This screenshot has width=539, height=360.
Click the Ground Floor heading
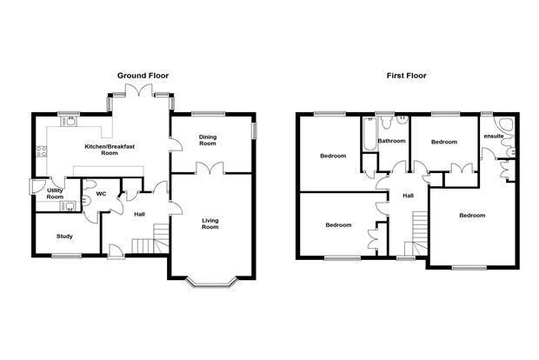point(143,76)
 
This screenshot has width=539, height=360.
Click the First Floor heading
point(406,76)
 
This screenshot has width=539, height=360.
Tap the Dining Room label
point(208,140)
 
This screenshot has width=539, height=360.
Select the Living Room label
point(210,223)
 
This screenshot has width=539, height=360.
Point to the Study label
point(64,237)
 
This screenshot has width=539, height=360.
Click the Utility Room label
point(55,194)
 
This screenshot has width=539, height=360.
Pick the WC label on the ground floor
point(101,194)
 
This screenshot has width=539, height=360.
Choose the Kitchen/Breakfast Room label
point(110,150)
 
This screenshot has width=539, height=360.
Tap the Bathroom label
point(391,141)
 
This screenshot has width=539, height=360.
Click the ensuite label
point(494,137)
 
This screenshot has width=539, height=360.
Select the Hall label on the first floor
point(408,196)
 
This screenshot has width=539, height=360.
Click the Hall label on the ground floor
point(139,214)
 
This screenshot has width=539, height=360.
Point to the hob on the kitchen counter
point(41,151)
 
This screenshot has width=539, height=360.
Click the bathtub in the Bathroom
point(369,134)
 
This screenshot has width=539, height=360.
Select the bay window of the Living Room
point(212,282)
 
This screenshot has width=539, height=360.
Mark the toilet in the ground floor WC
point(89,184)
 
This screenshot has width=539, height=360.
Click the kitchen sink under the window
point(70,122)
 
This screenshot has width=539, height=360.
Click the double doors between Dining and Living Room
point(210,168)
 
